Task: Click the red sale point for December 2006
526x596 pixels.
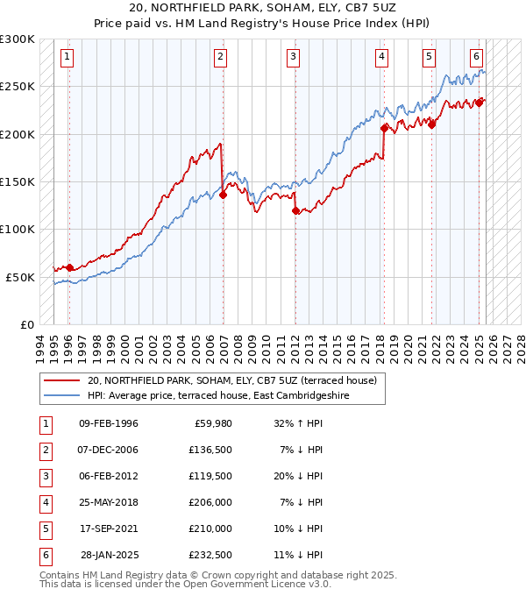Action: [223, 195]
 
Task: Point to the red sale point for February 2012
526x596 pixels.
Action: [295, 211]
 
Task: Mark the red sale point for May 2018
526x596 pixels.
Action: [384, 128]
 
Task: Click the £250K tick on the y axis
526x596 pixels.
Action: [18, 87]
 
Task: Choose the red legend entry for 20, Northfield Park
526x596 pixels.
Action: [231, 380]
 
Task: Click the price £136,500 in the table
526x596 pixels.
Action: [210, 450]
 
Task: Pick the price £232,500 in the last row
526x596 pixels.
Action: [210, 555]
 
